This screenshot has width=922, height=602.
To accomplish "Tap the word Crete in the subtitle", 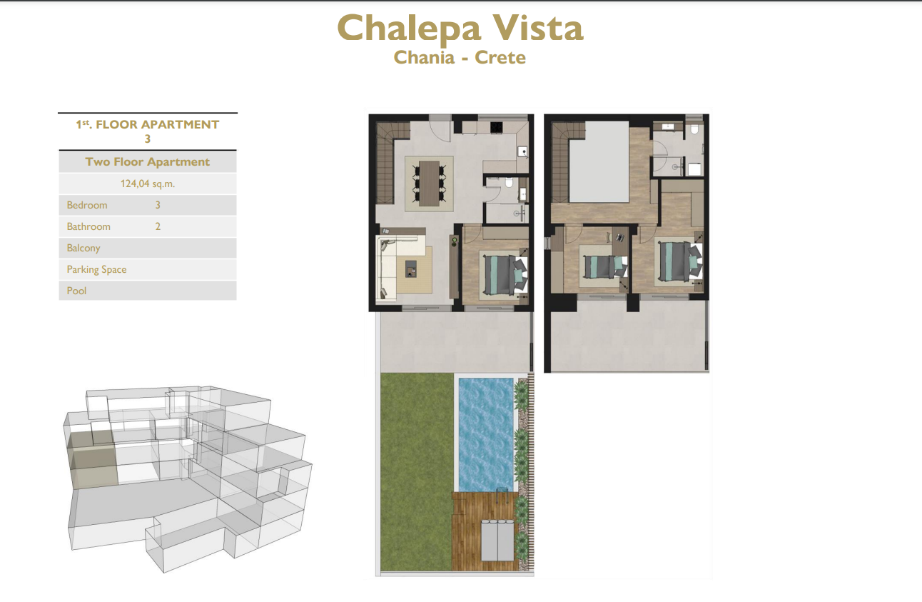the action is pyautogui.click(x=500, y=58).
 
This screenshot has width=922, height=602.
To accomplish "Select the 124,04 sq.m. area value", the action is pyautogui.click(x=147, y=184).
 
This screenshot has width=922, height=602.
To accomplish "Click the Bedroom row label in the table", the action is pyautogui.click(x=87, y=205).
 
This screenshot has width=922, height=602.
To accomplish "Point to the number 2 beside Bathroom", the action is pyautogui.click(x=158, y=226).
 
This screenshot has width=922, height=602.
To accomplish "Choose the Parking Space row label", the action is pyautogui.click(x=96, y=270).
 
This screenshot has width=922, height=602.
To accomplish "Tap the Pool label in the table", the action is pyautogui.click(x=76, y=291).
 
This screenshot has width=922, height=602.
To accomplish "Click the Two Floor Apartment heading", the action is pyautogui.click(x=147, y=162).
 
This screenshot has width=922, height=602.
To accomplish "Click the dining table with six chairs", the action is pyautogui.click(x=430, y=183).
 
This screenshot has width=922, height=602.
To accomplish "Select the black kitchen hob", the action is pyautogui.click(x=497, y=127).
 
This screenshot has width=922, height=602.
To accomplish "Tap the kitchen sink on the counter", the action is pyautogui.click(x=523, y=151).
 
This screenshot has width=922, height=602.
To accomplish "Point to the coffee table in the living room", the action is pyautogui.click(x=411, y=269).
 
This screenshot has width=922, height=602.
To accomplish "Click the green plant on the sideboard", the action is pyautogui.click(x=455, y=241).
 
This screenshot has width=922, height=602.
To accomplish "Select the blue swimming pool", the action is pyautogui.click(x=486, y=435).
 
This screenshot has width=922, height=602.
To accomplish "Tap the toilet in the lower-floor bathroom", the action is pyautogui.click(x=509, y=182).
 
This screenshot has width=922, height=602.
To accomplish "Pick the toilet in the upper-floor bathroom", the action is pyautogui.click(x=694, y=131).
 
